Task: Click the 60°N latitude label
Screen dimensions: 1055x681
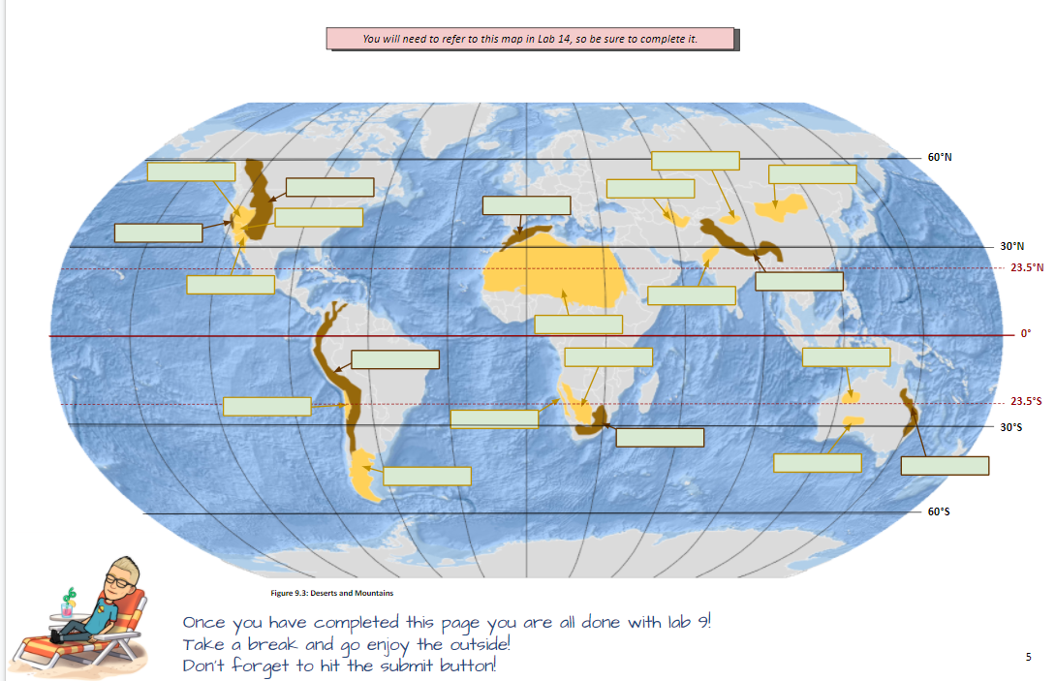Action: pyautogui.click(x=941, y=157)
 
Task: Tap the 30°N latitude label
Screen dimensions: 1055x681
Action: pyautogui.click(x=1013, y=246)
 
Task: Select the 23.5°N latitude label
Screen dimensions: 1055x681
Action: pyautogui.click(x=1025, y=267)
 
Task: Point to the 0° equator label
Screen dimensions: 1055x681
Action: pyautogui.click(x=1025, y=333)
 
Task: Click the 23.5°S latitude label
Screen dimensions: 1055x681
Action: pyautogui.click(x=1025, y=401)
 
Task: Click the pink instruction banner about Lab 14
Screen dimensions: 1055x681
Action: pyautogui.click(x=530, y=39)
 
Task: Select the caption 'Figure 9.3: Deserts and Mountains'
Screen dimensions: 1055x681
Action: pyautogui.click(x=320, y=592)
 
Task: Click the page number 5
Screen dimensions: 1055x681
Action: pyautogui.click(x=1028, y=657)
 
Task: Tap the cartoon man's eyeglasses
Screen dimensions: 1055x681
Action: pyautogui.click(x=116, y=578)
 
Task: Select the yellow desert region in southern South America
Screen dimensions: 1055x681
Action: pyautogui.click(x=364, y=474)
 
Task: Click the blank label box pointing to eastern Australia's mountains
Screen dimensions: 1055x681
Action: pyautogui.click(x=945, y=466)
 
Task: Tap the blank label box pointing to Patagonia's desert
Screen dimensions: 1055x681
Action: pyautogui.click(x=427, y=477)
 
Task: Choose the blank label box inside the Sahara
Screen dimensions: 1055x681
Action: pyautogui.click(x=578, y=325)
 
